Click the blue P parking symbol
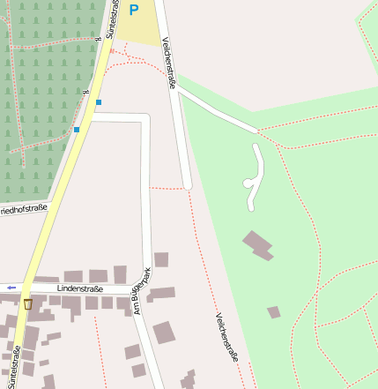pyautogui.click(x=134, y=10)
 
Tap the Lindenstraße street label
pyautogui.click(x=79, y=288)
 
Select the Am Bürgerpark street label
pyautogui.click(x=137, y=292)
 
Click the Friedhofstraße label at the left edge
pyautogui.click(x=23, y=208)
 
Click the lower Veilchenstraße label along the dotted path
pyautogui.click(x=227, y=338)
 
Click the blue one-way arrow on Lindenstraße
pyautogui.click(x=11, y=288)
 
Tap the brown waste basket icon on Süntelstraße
pyautogui.click(x=28, y=304)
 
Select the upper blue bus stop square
pyautogui.click(x=98, y=102)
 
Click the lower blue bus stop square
pyautogui.click(x=77, y=130)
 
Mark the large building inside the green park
pyautogui.click(x=258, y=244)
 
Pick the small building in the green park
pyautogui.click(x=274, y=311)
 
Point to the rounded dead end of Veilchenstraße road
pyautogui.click(x=188, y=184)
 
